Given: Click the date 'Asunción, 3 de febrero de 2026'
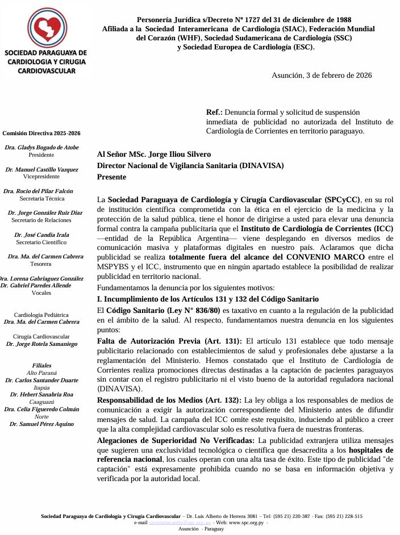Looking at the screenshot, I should [x=322, y=75].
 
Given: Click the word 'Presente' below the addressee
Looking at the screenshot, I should [x=112, y=177].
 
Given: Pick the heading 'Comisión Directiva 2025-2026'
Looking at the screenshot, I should [x=41, y=133].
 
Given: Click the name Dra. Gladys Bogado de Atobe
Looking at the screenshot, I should [x=41, y=147].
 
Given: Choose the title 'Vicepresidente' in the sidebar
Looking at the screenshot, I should [x=41, y=177].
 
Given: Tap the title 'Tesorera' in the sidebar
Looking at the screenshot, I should [x=41, y=264].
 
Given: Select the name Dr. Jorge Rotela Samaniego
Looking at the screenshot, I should [x=41, y=344].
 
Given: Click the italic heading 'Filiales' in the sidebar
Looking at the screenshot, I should [x=41, y=365].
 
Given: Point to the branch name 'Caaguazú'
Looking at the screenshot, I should [x=41, y=402].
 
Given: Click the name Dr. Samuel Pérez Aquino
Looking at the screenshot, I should [x=41, y=424].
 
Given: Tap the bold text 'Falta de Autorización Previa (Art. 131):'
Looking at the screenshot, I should [x=169, y=341].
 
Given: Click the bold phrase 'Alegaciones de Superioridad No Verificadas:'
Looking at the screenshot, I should [x=176, y=440].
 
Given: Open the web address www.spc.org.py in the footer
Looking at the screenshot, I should [x=246, y=522].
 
